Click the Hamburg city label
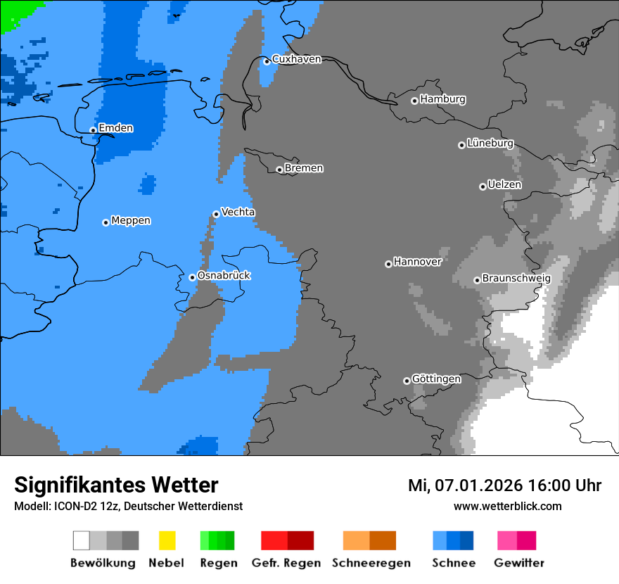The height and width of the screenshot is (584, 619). (x=442, y=99)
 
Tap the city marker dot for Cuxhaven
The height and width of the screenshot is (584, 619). (x=267, y=61)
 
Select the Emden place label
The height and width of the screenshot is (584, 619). (x=115, y=128)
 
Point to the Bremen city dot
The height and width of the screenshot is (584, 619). (x=279, y=170)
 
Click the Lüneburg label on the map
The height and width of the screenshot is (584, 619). (x=490, y=143)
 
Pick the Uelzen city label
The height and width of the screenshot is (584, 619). (x=504, y=184)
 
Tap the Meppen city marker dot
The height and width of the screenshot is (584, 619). (x=106, y=222)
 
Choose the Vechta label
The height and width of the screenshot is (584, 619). (x=238, y=212)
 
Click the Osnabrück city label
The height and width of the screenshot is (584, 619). (x=224, y=275)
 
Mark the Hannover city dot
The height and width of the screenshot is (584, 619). (x=388, y=264)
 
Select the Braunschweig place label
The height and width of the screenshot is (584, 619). (x=516, y=279)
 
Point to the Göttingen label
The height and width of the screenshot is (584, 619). (x=436, y=379)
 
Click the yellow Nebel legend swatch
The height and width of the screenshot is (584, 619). (x=167, y=540)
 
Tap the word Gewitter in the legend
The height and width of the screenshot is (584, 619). (x=518, y=563)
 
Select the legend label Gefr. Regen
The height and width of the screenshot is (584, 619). (x=286, y=563)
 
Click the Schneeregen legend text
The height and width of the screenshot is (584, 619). (x=371, y=563)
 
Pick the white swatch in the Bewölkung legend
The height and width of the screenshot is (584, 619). (x=82, y=540)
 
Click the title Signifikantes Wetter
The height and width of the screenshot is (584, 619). (x=116, y=485)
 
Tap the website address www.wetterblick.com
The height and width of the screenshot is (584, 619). (x=507, y=506)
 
